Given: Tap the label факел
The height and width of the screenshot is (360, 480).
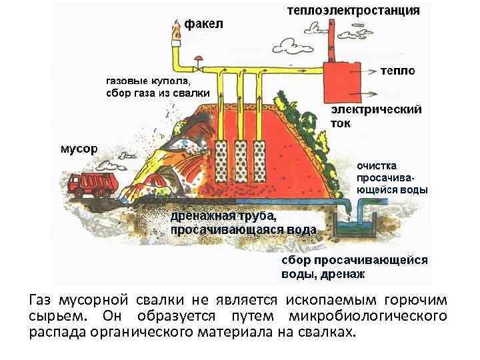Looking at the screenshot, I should [x=204, y=24].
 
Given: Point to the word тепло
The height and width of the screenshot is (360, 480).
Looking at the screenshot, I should [x=398, y=71].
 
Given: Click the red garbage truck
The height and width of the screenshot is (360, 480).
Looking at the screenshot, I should [x=94, y=183].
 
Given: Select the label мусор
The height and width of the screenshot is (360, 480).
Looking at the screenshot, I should [x=79, y=147].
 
